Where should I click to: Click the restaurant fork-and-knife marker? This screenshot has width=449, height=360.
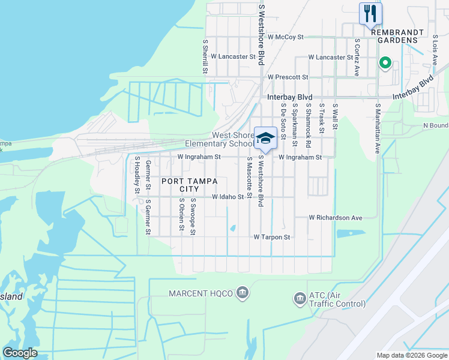click(370, 13)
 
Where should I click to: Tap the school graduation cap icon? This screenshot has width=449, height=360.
click(265, 139)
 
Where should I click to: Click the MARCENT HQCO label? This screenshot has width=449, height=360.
click(200, 293)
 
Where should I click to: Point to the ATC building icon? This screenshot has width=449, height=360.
click(299, 298)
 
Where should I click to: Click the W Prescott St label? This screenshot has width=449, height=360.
click(288, 77)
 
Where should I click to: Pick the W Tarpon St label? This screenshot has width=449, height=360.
click(272, 237)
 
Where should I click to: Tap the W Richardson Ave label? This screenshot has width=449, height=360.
click(336, 218)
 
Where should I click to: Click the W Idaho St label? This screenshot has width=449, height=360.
click(228, 197)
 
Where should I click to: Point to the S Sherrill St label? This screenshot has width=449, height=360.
click(205, 57)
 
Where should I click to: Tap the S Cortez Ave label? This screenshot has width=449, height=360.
click(357, 58)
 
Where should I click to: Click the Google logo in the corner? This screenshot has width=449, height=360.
click(20, 352)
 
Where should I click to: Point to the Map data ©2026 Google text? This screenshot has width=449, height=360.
click(411, 355)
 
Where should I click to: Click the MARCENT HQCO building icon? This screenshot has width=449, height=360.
click(242, 292)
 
